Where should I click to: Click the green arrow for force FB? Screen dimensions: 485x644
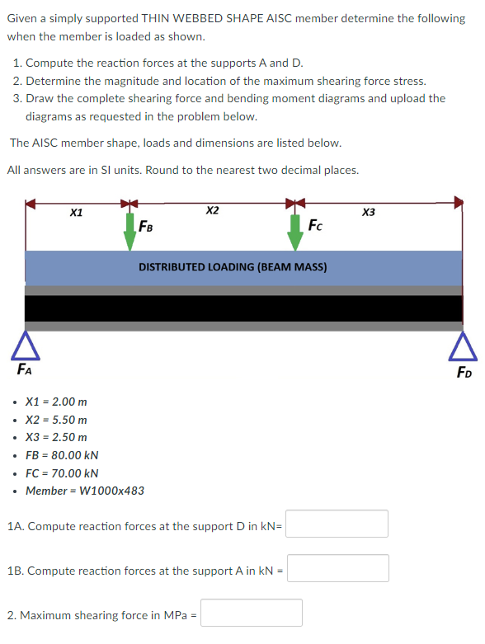coord(129,231)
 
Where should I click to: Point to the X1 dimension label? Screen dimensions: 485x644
coord(76,214)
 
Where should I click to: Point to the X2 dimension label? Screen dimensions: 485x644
coord(212,211)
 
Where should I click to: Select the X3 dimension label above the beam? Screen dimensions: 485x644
coord(369,213)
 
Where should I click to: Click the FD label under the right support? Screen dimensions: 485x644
coord(464,371)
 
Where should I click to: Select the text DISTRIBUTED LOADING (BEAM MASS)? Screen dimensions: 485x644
coord(233,267)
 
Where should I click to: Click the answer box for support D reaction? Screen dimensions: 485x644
coord(337,524)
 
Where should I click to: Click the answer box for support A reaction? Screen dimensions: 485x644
coord(338,568)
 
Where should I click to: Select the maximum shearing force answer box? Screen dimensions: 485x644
coord(251,613)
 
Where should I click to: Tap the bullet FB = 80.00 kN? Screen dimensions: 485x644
coord(62,455)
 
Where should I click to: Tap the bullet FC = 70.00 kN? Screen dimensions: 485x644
coord(62,473)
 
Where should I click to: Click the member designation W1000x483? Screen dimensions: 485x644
coord(85,491)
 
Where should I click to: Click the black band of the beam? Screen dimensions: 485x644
coord(243,308)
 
